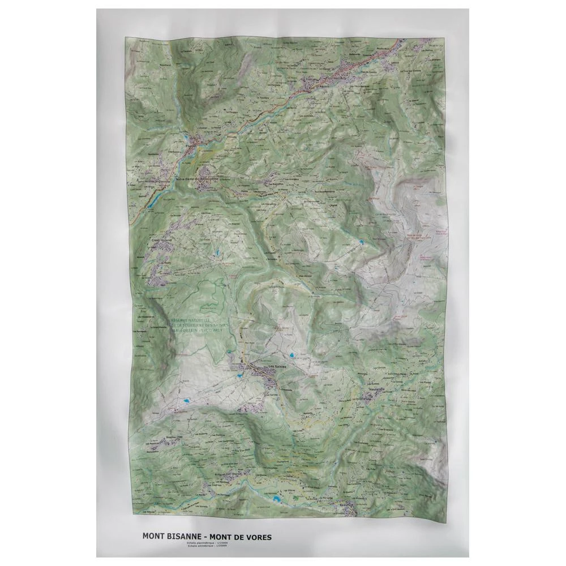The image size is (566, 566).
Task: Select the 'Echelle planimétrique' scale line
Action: [201, 542]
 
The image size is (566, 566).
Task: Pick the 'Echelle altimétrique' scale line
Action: [201, 546]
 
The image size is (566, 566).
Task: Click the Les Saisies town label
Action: [278, 366]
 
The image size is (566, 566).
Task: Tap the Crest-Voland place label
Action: [161, 240]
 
